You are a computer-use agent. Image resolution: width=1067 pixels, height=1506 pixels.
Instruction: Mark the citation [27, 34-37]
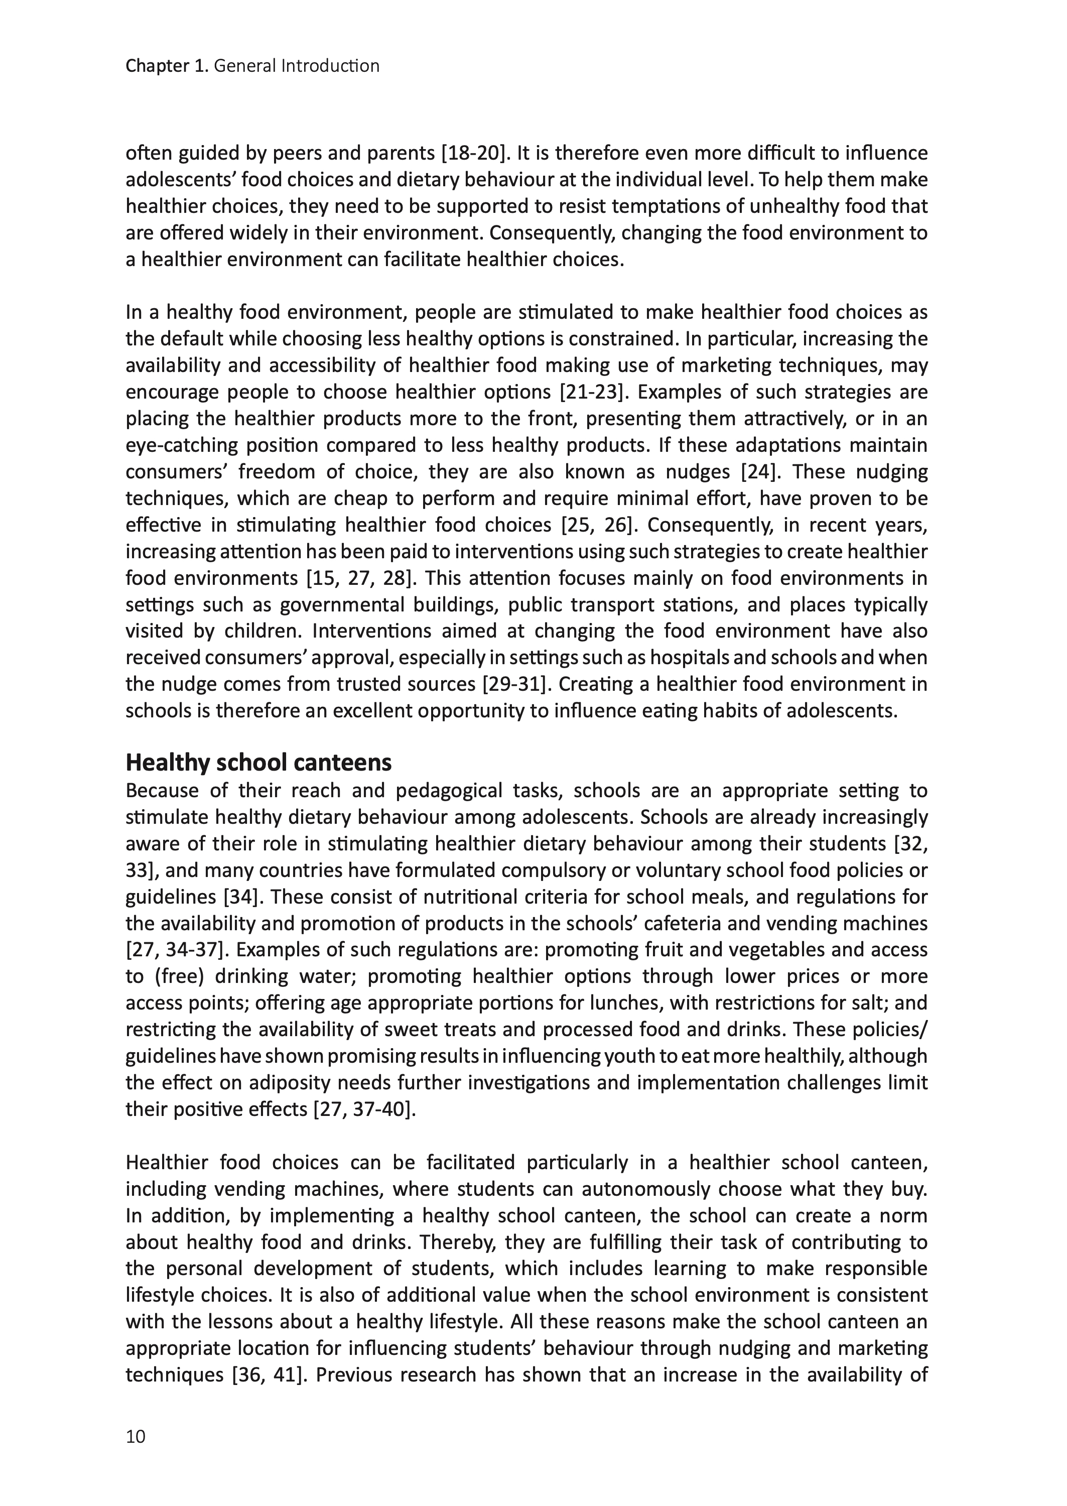tap(179, 950)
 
